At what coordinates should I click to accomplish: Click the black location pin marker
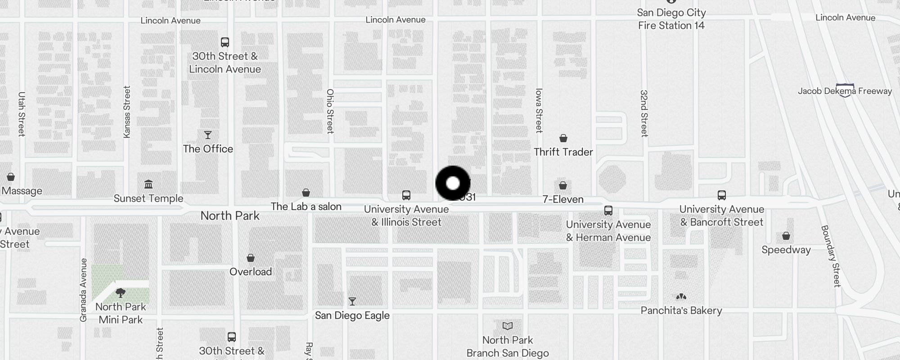(x=453, y=183)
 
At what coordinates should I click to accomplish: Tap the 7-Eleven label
(x=563, y=199)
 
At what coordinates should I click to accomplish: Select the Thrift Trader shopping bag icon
(x=563, y=138)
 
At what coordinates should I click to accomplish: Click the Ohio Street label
(x=330, y=111)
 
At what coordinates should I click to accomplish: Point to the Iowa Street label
(x=539, y=111)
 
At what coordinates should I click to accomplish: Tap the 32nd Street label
(x=644, y=113)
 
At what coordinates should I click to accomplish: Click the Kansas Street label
(x=126, y=112)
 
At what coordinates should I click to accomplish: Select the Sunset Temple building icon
(x=148, y=184)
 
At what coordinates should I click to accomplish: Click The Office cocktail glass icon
(x=207, y=135)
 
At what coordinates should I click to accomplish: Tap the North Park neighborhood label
(x=230, y=216)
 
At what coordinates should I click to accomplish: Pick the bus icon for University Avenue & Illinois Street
(x=406, y=195)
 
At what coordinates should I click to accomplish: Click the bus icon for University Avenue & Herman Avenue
(x=608, y=211)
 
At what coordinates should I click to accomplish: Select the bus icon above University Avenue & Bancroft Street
(x=721, y=195)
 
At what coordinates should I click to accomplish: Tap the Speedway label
(x=786, y=250)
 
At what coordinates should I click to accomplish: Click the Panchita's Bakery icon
(x=681, y=297)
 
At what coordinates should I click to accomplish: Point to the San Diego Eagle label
(x=352, y=315)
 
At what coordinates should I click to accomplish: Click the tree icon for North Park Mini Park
(x=121, y=293)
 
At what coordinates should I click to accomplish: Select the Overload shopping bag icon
(x=251, y=258)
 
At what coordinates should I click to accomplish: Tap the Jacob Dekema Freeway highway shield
(x=845, y=90)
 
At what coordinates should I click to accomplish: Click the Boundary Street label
(x=831, y=256)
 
